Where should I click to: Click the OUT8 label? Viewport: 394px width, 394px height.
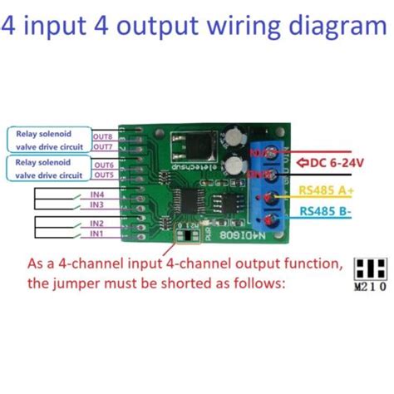click(x=103, y=135)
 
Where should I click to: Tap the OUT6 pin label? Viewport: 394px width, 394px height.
click(x=103, y=165)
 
